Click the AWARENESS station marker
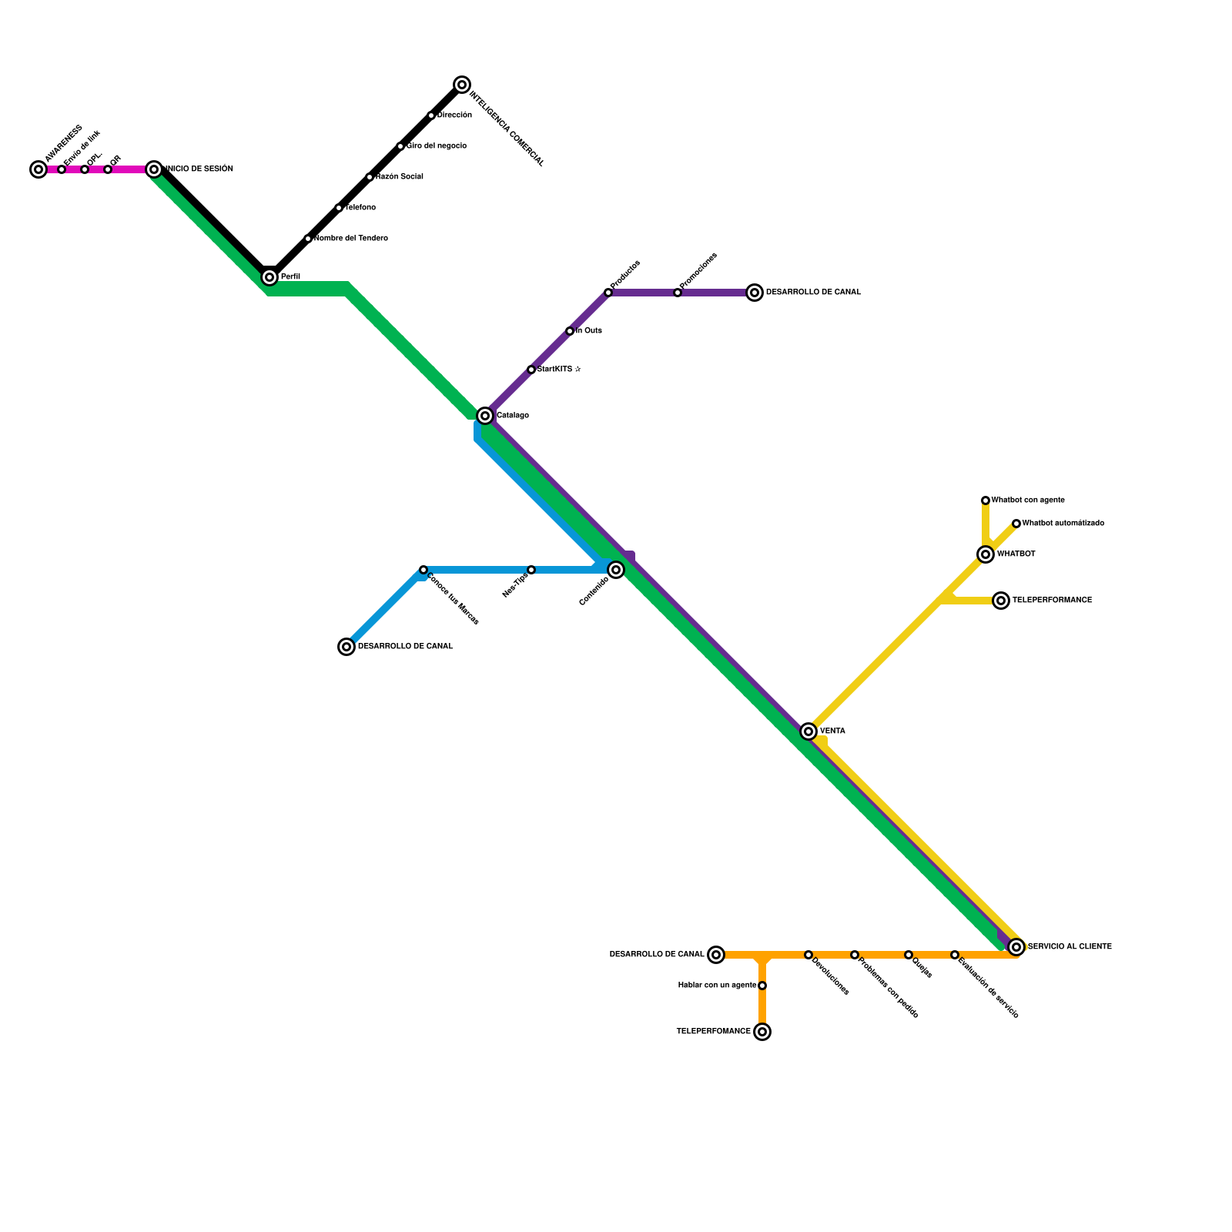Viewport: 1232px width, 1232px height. point(38,169)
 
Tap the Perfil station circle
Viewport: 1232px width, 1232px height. point(269,277)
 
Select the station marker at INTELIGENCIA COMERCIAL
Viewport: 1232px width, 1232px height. point(462,85)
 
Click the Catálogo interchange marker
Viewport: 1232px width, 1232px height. point(485,416)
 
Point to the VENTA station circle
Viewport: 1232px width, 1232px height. point(808,731)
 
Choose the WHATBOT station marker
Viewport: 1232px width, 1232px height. point(986,554)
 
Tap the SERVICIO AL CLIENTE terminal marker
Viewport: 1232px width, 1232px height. point(1016,947)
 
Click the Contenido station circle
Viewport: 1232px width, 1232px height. point(616,570)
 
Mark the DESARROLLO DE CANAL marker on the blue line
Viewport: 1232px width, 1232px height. point(346,647)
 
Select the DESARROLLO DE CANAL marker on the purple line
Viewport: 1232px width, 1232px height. point(755,293)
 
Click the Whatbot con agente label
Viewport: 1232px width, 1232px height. point(1028,500)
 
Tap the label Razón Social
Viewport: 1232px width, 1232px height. point(400,177)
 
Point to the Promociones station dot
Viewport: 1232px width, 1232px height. point(678,293)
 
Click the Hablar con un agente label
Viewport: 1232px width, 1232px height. point(717,986)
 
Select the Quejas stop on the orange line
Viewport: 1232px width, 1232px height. point(909,955)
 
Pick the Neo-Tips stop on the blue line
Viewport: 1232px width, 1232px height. point(531,570)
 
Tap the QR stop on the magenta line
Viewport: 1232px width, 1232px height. point(108,169)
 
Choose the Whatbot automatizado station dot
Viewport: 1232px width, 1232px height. point(1016,524)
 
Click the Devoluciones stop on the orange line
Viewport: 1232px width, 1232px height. point(808,955)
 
